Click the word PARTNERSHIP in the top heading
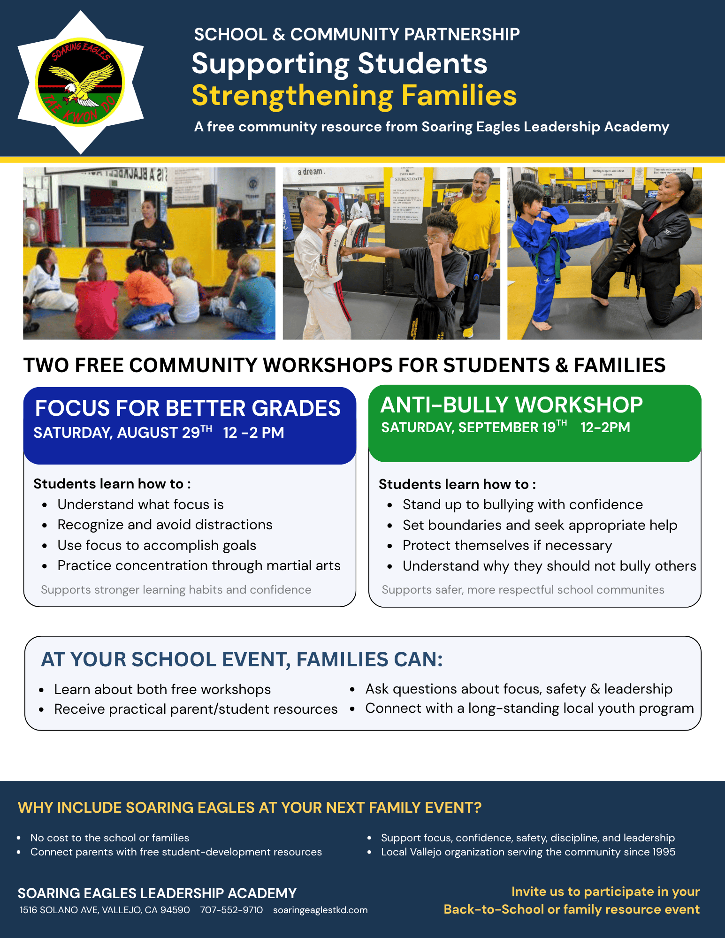462,34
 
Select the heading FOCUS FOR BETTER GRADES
188,408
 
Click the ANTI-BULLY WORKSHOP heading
511,404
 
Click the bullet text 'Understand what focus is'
140,504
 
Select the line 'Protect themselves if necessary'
507,545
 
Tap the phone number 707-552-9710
231,910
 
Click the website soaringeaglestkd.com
320,910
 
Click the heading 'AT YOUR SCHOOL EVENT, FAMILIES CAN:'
242,659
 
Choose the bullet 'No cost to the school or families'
110,838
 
